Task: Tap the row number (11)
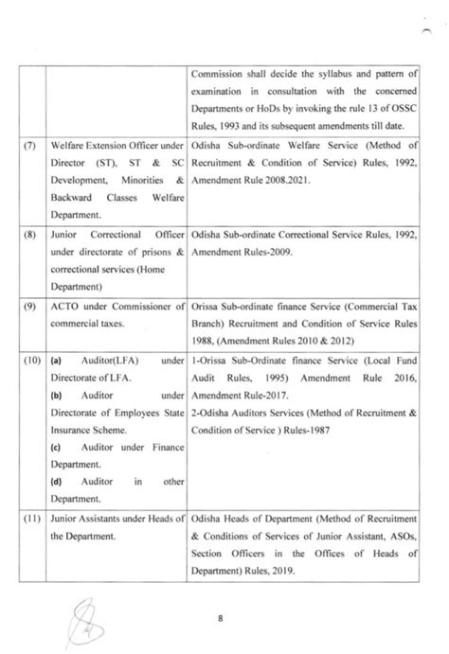pyautogui.click(x=33, y=522)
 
